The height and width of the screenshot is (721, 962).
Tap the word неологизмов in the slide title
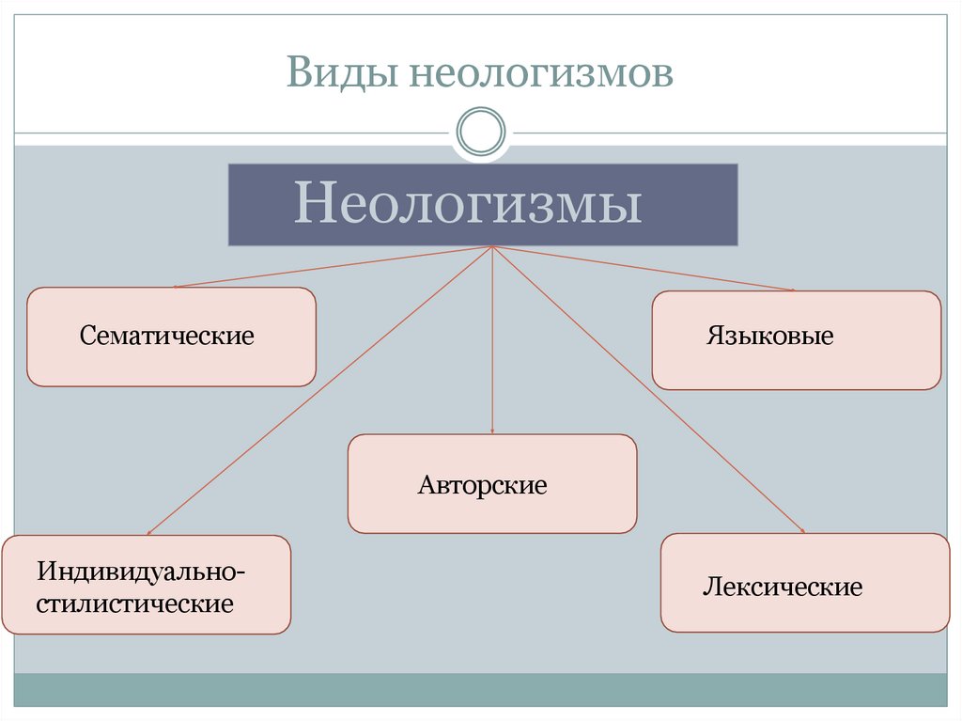coord(540,73)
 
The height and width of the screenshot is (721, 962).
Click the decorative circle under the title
coord(481,132)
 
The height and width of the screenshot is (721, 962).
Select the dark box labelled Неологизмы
coord(483,205)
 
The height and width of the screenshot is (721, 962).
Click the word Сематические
coord(167,336)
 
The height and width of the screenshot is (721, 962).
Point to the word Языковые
coord(770,336)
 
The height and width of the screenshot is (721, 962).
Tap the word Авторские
coord(483,486)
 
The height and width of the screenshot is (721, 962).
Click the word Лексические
coord(783,588)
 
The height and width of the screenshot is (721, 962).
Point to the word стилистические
coord(135,603)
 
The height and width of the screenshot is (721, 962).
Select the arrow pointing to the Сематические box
coord(329,267)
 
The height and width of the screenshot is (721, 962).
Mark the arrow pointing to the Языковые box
coord(648,269)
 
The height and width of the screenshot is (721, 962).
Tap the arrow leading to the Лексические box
coord(648,390)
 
